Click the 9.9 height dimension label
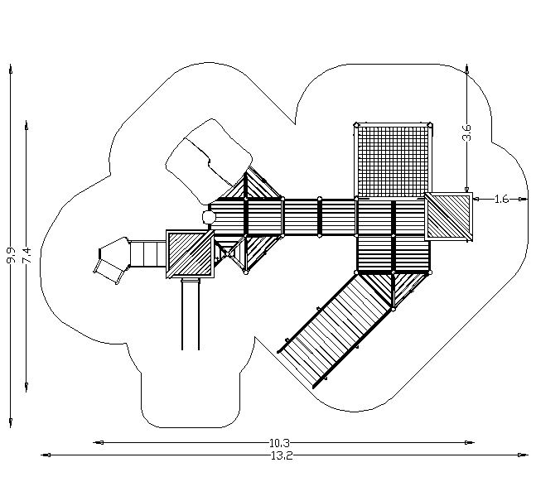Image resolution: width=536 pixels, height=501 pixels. pos(11,255)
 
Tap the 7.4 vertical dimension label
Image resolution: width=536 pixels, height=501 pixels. pos(27,255)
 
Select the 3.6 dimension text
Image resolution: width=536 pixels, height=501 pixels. pos(467,132)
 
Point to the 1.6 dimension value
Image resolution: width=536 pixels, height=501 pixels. pos(501,199)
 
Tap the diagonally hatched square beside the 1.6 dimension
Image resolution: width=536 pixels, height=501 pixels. pos(448,216)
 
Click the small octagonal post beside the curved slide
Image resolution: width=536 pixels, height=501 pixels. pos(208,217)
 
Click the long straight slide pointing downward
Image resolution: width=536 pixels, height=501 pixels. pos(191,315)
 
